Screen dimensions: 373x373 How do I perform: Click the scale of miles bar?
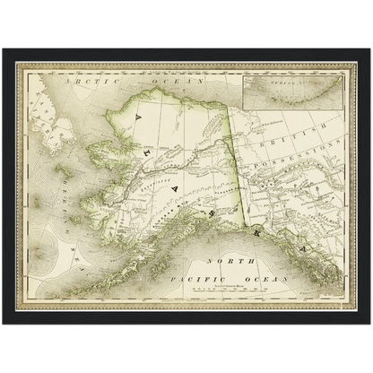221,291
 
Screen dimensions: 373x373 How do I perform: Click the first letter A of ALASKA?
137,115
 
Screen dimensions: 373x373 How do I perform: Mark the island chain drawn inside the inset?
296,93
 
